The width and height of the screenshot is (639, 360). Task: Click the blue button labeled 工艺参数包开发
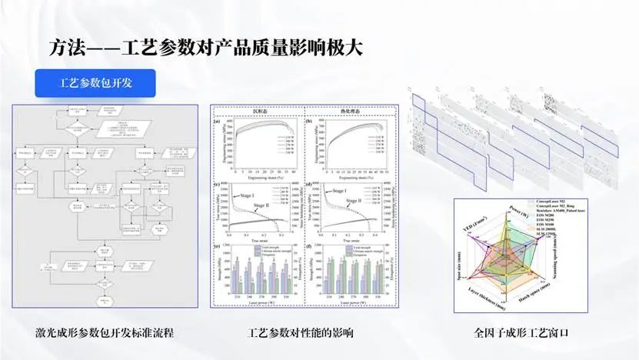[96, 82]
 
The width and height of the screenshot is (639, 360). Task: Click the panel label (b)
[309, 121]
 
